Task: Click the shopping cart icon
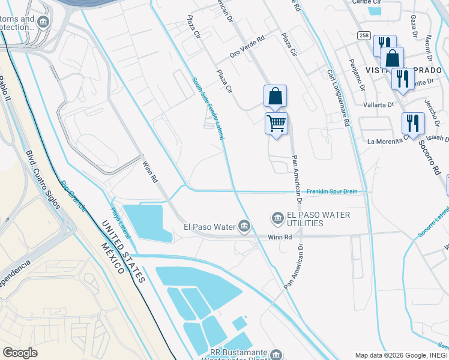[x=276, y=124]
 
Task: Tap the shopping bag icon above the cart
[x=275, y=96]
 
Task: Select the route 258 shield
[x=364, y=35]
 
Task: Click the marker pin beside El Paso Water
[x=244, y=226]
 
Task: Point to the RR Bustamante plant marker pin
[x=276, y=354]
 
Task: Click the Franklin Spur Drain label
[x=332, y=191]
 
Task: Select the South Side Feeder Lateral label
[x=208, y=109]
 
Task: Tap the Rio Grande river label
[x=73, y=196]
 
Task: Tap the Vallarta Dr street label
[x=378, y=104]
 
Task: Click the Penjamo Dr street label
[x=358, y=75]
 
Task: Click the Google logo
[x=20, y=352]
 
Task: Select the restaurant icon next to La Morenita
[x=412, y=124]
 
